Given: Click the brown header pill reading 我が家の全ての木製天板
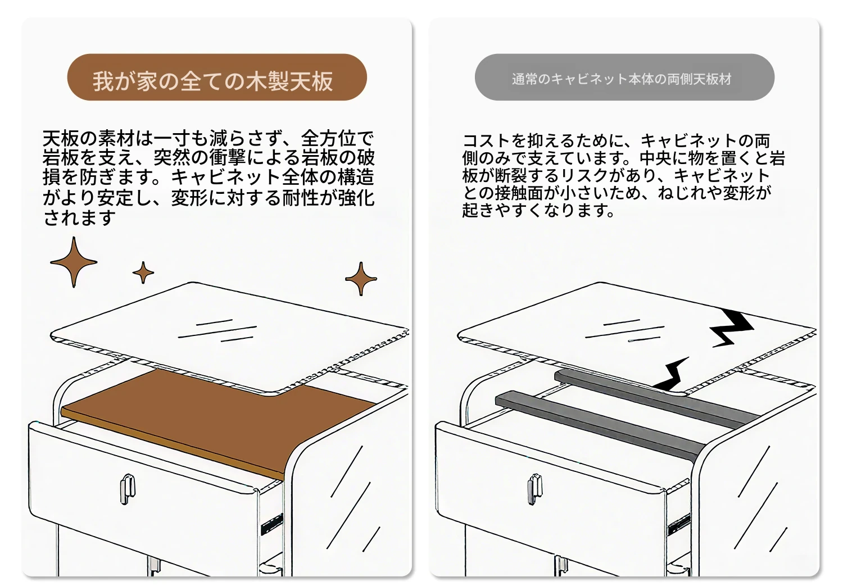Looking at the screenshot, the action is coord(217,77).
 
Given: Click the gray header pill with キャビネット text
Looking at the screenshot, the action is coord(624,77).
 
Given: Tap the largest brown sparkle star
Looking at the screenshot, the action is coord(74,262).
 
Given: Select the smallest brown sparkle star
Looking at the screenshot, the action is coord(143,272).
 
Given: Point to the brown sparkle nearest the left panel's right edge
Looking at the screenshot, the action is coord(361,279).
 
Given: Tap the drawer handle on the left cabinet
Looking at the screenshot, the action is coord(128,489).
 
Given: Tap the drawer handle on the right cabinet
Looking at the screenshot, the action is coord(535,489).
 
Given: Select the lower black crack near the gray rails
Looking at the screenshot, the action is coord(672,374).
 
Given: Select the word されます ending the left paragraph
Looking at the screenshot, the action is coord(79,217).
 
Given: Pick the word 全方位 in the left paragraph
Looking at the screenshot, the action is coord(329,138).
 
